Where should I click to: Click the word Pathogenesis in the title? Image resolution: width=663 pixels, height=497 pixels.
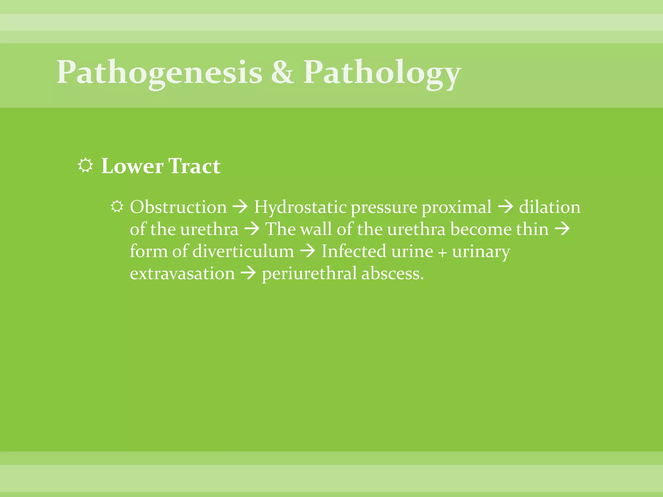click(159, 72)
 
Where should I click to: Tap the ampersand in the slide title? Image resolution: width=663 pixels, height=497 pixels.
click(283, 72)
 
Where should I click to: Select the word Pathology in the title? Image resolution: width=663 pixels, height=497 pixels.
click(382, 72)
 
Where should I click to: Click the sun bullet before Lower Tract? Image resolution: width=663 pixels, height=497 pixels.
click(85, 165)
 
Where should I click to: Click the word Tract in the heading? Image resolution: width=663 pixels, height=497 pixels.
click(195, 166)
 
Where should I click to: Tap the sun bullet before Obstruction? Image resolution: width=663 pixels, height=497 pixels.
click(117, 206)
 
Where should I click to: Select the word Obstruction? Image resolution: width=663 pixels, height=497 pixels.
click(178, 207)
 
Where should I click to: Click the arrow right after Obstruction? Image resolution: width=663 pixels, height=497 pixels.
click(241, 206)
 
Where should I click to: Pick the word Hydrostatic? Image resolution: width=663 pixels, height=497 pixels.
click(300, 207)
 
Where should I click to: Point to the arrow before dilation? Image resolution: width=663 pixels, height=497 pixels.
click(505, 206)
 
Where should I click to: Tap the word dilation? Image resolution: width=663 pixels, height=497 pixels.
click(550, 207)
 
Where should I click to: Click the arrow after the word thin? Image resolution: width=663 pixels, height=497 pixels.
click(562, 229)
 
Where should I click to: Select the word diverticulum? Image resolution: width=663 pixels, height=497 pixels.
click(243, 251)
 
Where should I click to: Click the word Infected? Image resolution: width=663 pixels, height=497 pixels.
click(354, 251)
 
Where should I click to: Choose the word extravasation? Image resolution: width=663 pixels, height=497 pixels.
click(182, 274)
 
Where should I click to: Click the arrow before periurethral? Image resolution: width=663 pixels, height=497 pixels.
click(248, 273)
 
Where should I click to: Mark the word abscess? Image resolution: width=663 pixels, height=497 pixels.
click(392, 274)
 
